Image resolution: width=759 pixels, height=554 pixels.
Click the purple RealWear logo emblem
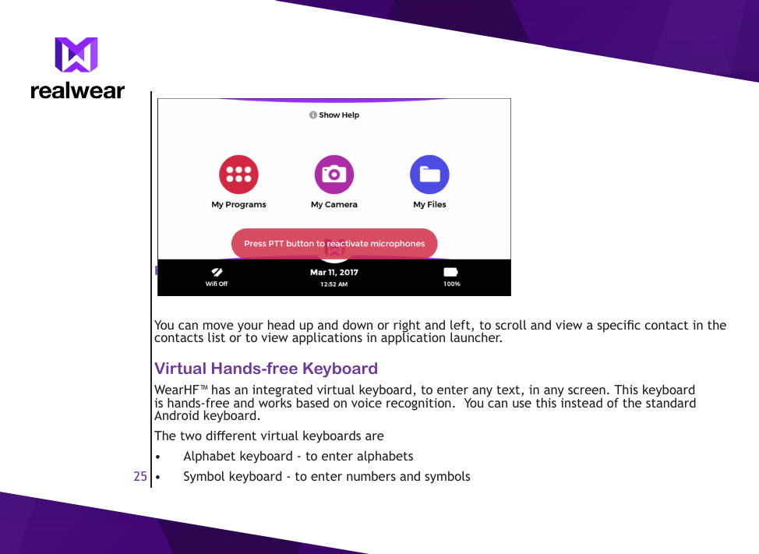[x=76, y=55]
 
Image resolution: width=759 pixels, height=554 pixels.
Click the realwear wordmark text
[x=77, y=90]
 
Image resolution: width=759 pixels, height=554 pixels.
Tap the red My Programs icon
[x=238, y=175]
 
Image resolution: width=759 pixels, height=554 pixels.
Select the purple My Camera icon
[x=334, y=175]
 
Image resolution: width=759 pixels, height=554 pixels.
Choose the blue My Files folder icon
[x=429, y=175]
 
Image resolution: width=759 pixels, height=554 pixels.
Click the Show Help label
[x=334, y=115]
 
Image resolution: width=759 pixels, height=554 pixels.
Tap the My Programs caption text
[x=238, y=205]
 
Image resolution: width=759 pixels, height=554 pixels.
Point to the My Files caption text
[x=429, y=205]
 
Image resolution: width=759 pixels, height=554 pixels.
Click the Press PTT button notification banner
[x=334, y=244]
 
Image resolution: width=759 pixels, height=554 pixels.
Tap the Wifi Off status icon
[x=217, y=272]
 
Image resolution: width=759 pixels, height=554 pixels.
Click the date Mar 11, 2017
[x=334, y=273]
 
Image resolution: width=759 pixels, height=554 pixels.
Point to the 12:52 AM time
[x=334, y=284]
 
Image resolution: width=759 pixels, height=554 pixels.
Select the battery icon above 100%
[x=451, y=272]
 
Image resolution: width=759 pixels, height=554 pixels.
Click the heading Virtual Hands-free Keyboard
[x=266, y=369]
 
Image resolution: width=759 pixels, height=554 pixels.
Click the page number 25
[x=140, y=476]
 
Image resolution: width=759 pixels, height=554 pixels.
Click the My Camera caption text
[x=334, y=205]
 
